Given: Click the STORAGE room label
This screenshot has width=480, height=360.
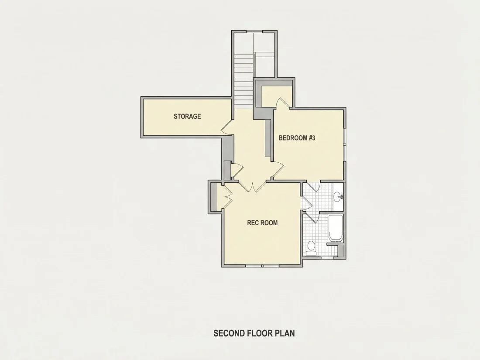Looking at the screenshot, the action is tap(187, 117).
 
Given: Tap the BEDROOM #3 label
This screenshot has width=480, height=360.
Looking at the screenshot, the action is tap(297, 138).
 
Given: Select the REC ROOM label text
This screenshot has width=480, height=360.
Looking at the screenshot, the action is tap(262, 223).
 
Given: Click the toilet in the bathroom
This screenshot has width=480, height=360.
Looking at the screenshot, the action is tap(311, 248).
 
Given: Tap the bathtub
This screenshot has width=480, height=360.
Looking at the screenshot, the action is tap(336, 228).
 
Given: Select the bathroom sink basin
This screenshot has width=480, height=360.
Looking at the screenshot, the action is tap(338, 196).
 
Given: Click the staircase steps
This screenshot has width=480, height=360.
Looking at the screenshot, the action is tap(244, 81).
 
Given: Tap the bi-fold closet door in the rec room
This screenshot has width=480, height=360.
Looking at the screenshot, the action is tap(227, 197).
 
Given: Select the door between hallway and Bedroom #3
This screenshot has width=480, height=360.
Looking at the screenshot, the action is tap(278, 170).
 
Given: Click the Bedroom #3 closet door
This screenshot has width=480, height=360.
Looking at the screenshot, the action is tap(283, 103).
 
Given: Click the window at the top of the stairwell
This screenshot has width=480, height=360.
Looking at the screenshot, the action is tap(254, 31).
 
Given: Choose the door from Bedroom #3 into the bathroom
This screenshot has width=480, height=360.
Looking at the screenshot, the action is tap(313, 187).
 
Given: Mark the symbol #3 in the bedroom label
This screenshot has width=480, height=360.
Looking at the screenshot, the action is tap(312, 138).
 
